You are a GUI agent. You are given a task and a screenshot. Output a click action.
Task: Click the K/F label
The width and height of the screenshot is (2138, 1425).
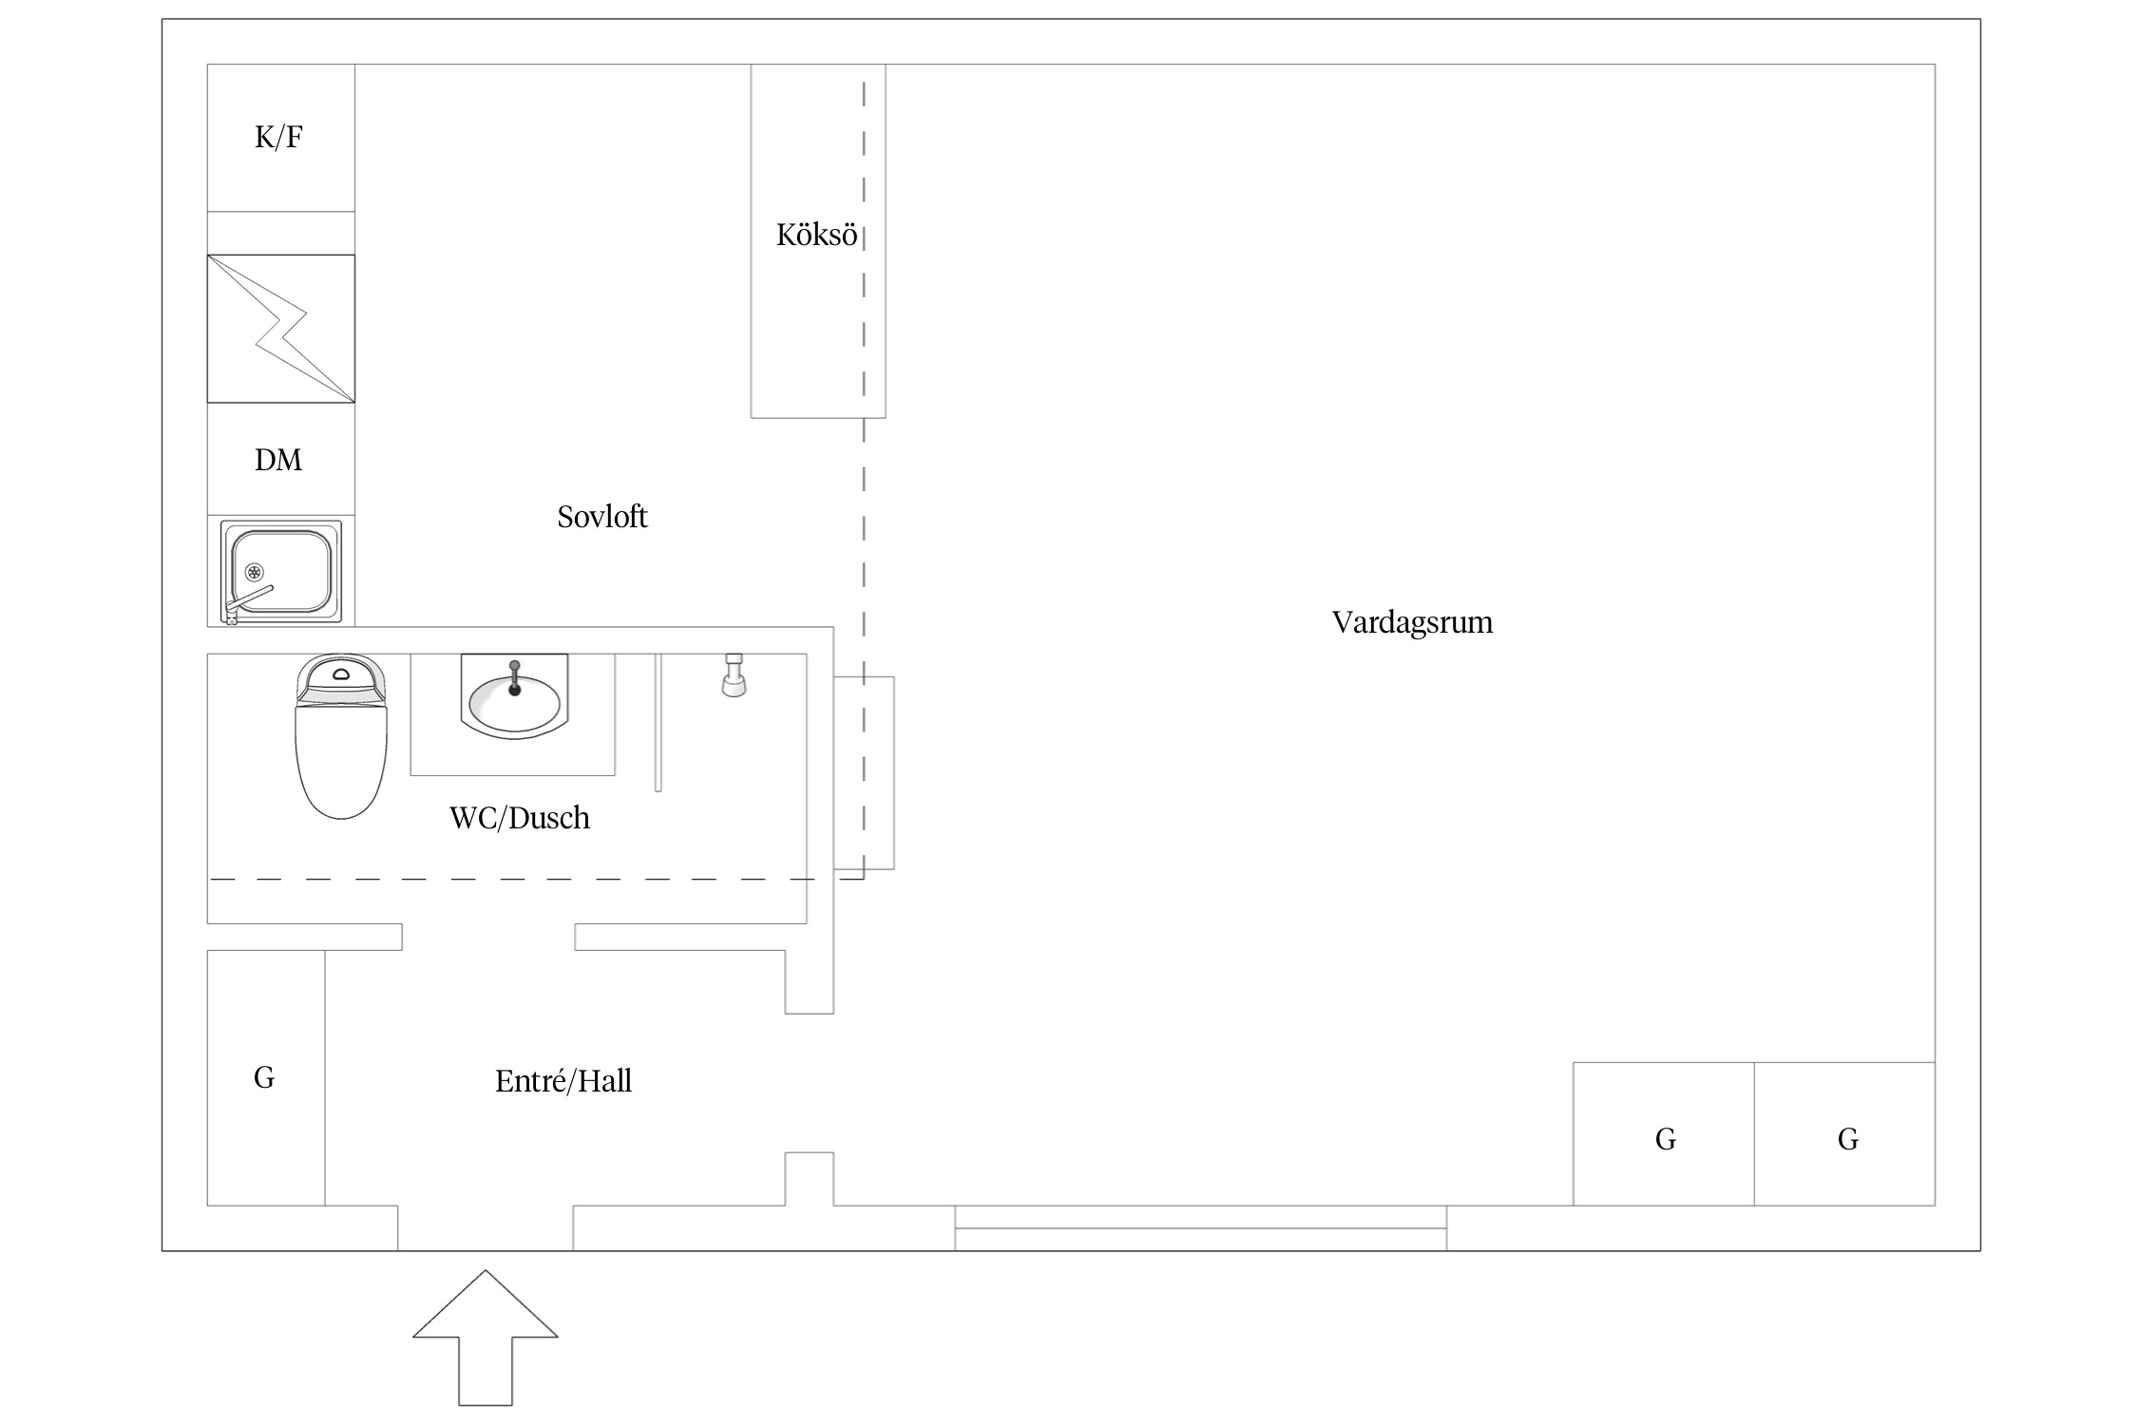coord(278,138)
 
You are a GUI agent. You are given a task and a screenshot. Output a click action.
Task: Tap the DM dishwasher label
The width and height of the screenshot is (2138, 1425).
coord(278,461)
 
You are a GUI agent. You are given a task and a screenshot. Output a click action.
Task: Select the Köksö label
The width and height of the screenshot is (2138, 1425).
coord(816,235)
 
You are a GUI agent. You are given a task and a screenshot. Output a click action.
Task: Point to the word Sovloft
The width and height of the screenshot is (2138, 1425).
coord(602,517)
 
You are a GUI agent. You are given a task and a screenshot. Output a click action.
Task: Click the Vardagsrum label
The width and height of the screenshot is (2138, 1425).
coord(1412,623)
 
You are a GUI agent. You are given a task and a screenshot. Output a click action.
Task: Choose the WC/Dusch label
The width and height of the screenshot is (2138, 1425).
coord(520,818)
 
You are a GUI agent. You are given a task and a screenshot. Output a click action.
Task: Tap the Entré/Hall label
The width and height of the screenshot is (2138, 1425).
coord(563,1081)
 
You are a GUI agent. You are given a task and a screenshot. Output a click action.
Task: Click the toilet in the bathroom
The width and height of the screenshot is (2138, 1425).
coord(341,736)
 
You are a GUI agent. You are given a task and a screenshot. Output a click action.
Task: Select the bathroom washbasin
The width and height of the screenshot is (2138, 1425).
coord(514,696)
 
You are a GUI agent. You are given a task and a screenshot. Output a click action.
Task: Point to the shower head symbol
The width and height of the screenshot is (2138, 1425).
coord(734,674)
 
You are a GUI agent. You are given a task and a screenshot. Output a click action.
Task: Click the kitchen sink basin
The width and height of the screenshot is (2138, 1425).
coord(282,571)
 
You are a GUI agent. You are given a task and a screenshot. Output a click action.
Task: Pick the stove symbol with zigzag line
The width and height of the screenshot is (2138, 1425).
coord(281,329)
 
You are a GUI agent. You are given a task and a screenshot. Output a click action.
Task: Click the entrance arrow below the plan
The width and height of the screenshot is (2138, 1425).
coord(486,1338)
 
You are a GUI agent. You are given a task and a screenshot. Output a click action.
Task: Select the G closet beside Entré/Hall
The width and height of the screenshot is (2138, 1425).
coord(266,1078)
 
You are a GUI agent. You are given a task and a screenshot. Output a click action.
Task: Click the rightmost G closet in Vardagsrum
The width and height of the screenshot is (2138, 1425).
coord(1844,1134)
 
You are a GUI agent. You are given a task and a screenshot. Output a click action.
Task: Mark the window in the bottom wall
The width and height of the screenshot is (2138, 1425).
coord(1201,1228)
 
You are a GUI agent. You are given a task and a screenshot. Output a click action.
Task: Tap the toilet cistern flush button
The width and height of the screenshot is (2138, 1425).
coord(341,675)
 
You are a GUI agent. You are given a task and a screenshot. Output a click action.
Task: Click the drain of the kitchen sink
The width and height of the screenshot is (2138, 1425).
coord(254,572)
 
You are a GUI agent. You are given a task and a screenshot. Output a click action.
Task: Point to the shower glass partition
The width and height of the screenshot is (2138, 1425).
coord(658,722)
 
